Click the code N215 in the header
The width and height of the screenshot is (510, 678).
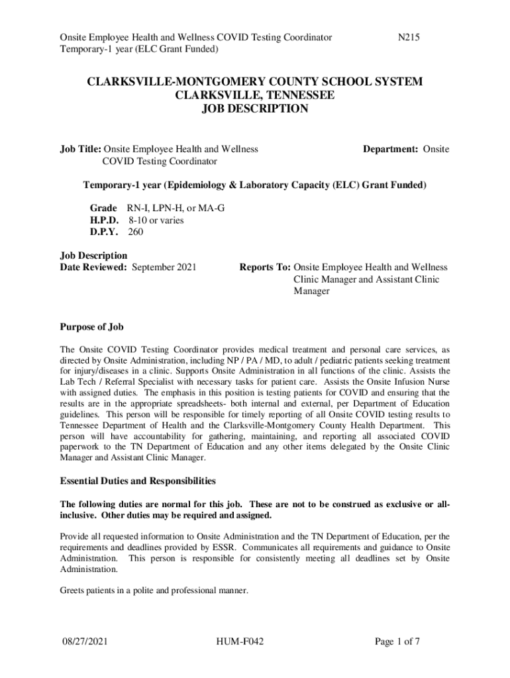point(408,38)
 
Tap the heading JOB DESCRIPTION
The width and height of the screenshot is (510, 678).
point(255,109)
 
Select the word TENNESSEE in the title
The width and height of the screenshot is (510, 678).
point(293,95)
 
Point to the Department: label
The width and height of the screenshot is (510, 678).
point(390,150)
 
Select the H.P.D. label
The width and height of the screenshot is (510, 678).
point(104,220)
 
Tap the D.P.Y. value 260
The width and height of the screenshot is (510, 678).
point(135,232)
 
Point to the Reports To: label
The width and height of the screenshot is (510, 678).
point(264,267)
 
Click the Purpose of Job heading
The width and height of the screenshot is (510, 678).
point(91,327)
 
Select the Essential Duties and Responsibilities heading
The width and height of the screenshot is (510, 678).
point(137,481)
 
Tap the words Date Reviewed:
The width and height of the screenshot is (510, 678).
point(94,267)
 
